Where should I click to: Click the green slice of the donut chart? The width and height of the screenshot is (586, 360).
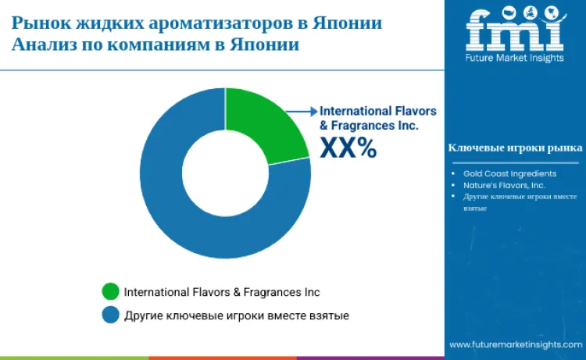click(x=266, y=125)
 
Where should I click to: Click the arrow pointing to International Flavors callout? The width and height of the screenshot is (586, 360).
click(x=301, y=112)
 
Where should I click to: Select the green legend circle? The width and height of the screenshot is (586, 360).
click(x=111, y=292)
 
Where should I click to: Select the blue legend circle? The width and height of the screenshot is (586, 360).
click(x=111, y=315)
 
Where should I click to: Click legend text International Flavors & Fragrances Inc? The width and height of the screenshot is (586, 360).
click(x=222, y=292)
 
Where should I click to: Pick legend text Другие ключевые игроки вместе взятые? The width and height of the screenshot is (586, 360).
click(x=236, y=315)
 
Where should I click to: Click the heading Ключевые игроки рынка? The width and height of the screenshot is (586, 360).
click(x=514, y=148)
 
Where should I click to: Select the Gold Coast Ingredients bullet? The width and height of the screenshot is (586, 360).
click(x=509, y=173)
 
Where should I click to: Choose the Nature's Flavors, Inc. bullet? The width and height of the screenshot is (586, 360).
click(x=503, y=185)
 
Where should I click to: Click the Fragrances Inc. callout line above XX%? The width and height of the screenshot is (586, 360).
click(x=369, y=125)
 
